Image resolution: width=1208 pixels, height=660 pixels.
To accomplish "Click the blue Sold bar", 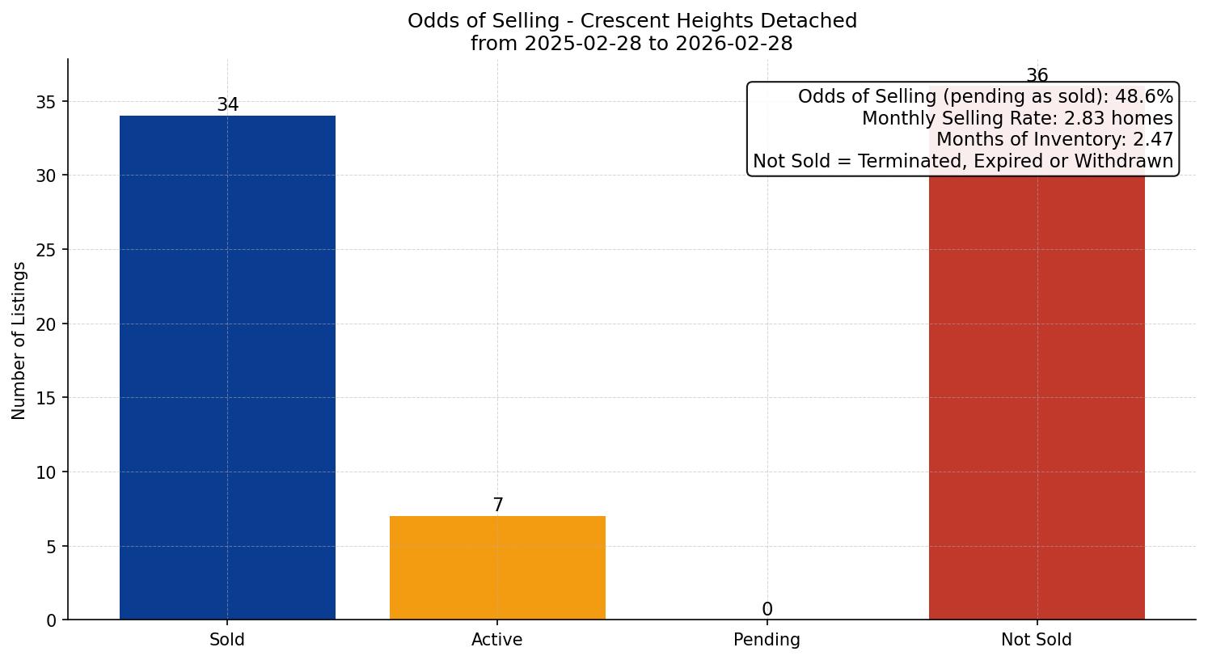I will coord(227,367).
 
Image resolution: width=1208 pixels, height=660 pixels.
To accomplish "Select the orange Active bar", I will coord(497,568).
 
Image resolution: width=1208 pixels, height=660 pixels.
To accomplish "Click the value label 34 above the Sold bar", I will coord(227,105).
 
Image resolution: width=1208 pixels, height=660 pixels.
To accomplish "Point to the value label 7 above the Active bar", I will coord(497,506).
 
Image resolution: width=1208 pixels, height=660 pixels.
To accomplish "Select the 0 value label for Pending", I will coord(767,610).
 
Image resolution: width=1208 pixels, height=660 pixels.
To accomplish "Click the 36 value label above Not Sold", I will coord(1037,76).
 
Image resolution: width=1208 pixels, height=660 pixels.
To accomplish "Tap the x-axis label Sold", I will coord(227,640).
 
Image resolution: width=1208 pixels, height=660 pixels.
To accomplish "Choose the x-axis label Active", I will coord(497,640).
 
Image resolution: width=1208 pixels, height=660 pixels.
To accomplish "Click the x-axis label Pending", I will coord(767,640).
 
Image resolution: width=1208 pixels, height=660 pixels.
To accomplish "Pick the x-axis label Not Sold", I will coord(1037,640).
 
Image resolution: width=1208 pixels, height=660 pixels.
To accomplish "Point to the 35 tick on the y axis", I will coord(46,102).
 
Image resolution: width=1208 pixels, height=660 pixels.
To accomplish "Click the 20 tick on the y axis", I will coord(46,324).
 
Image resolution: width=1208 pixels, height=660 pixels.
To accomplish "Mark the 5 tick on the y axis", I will coord(51,547).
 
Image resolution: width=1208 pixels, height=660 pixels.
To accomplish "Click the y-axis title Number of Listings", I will coord(19,340).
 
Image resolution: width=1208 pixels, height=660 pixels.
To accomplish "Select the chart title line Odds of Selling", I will coord(631,21).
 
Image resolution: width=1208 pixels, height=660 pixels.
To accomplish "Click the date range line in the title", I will coord(631,44).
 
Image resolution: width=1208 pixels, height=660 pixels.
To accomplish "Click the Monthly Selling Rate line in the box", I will coord(1016,118).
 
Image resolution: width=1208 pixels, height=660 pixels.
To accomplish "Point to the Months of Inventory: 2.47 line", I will coord(1054,140).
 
